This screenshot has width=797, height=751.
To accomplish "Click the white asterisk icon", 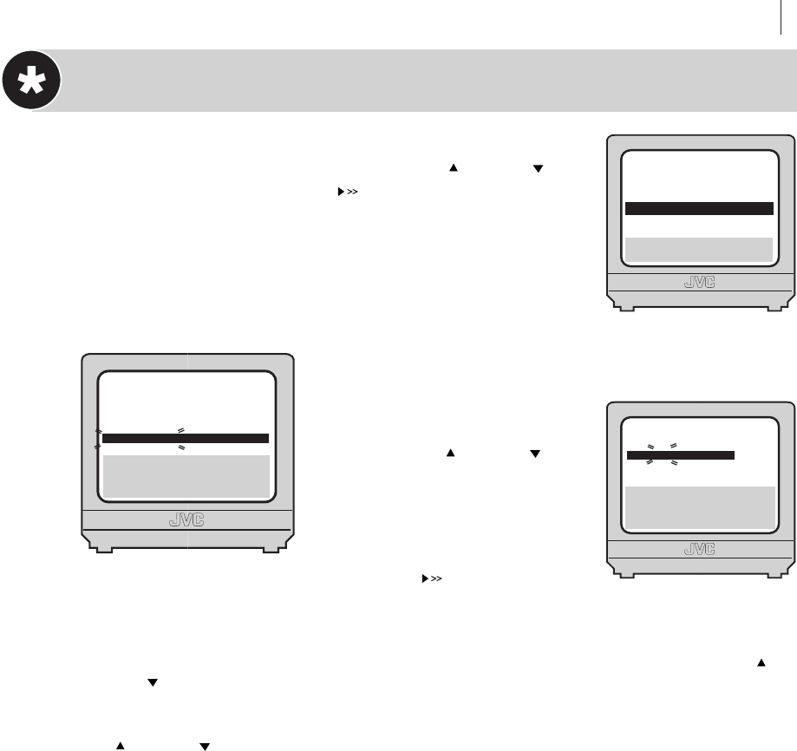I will tap(31, 82).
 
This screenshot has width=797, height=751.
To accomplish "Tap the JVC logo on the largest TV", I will tap(186, 522).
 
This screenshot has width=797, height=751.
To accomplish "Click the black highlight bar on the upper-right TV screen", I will tap(698, 208).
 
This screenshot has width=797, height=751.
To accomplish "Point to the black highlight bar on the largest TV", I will tap(186, 439).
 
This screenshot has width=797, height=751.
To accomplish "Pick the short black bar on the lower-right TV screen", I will tap(681, 454).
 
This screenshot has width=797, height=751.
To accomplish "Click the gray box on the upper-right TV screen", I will tap(698, 249).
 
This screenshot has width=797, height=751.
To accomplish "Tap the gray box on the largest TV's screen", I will tap(186, 474).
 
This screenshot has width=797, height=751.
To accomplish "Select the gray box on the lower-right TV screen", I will tap(699, 506).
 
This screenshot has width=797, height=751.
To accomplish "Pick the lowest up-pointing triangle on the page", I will tap(121, 746).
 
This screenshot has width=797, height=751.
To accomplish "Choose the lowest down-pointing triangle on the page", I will tap(206, 746).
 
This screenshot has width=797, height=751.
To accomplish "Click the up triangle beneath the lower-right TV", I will tap(762, 662).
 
